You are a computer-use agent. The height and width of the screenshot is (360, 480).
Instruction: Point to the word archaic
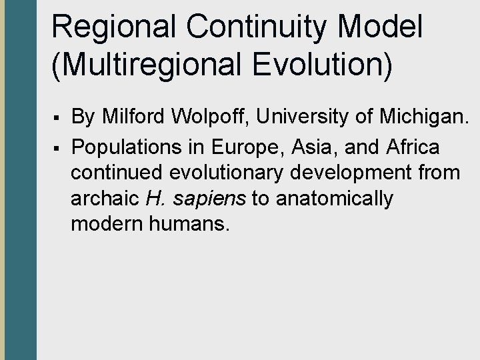[102, 199]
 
